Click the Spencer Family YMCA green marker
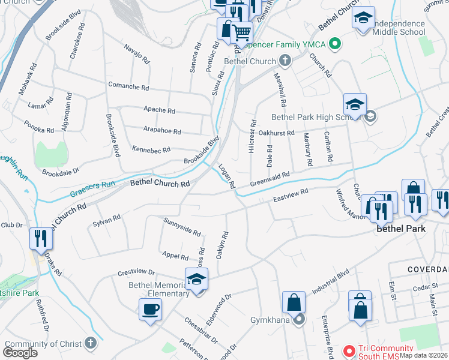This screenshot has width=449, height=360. (x=336, y=43)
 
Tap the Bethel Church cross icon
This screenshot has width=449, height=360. (x=285, y=61)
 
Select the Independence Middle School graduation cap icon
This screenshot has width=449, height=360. (x=363, y=18)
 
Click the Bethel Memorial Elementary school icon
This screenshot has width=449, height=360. (x=196, y=280)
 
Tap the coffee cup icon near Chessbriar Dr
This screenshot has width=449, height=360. (x=149, y=310)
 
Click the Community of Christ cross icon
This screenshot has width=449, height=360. (x=90, y=343)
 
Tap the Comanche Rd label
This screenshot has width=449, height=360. (x=128, y=86)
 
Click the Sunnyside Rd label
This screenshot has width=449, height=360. (x=181, y=227)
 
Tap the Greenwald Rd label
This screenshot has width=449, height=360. (x=270, y=178)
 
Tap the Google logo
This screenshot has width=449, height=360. (x=20, y=353)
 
